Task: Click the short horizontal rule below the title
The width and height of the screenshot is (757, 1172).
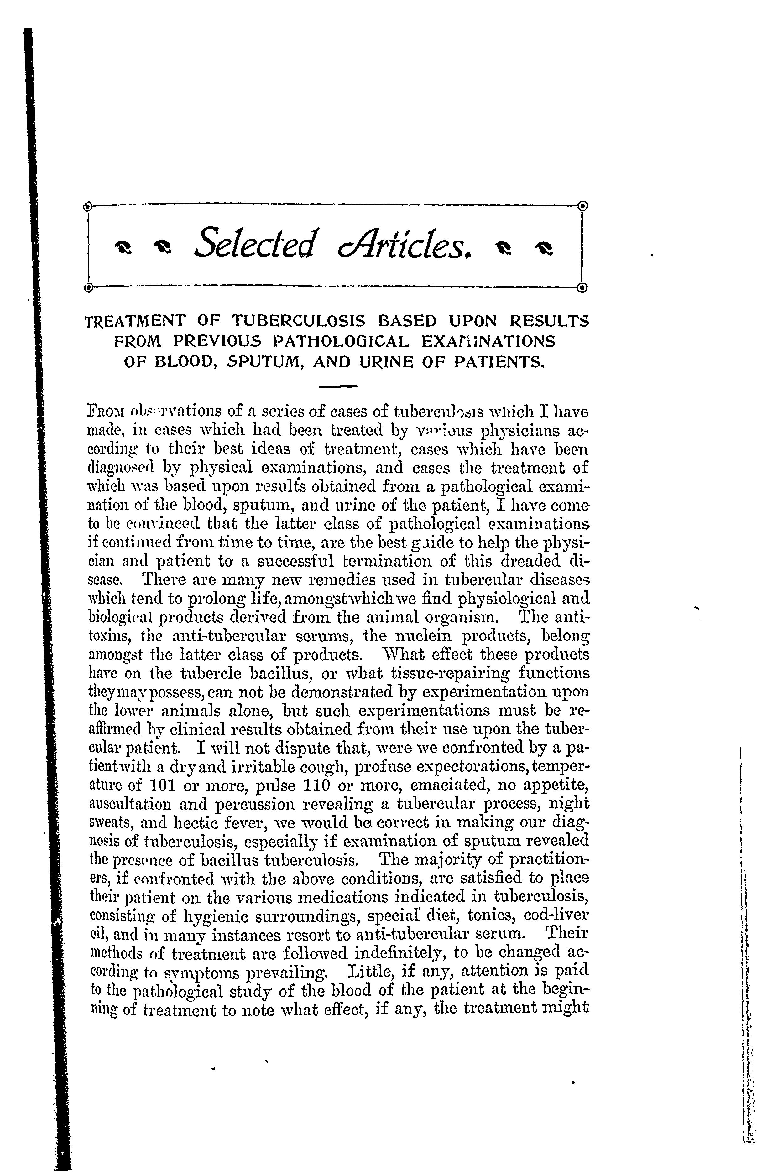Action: point(338,387)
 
